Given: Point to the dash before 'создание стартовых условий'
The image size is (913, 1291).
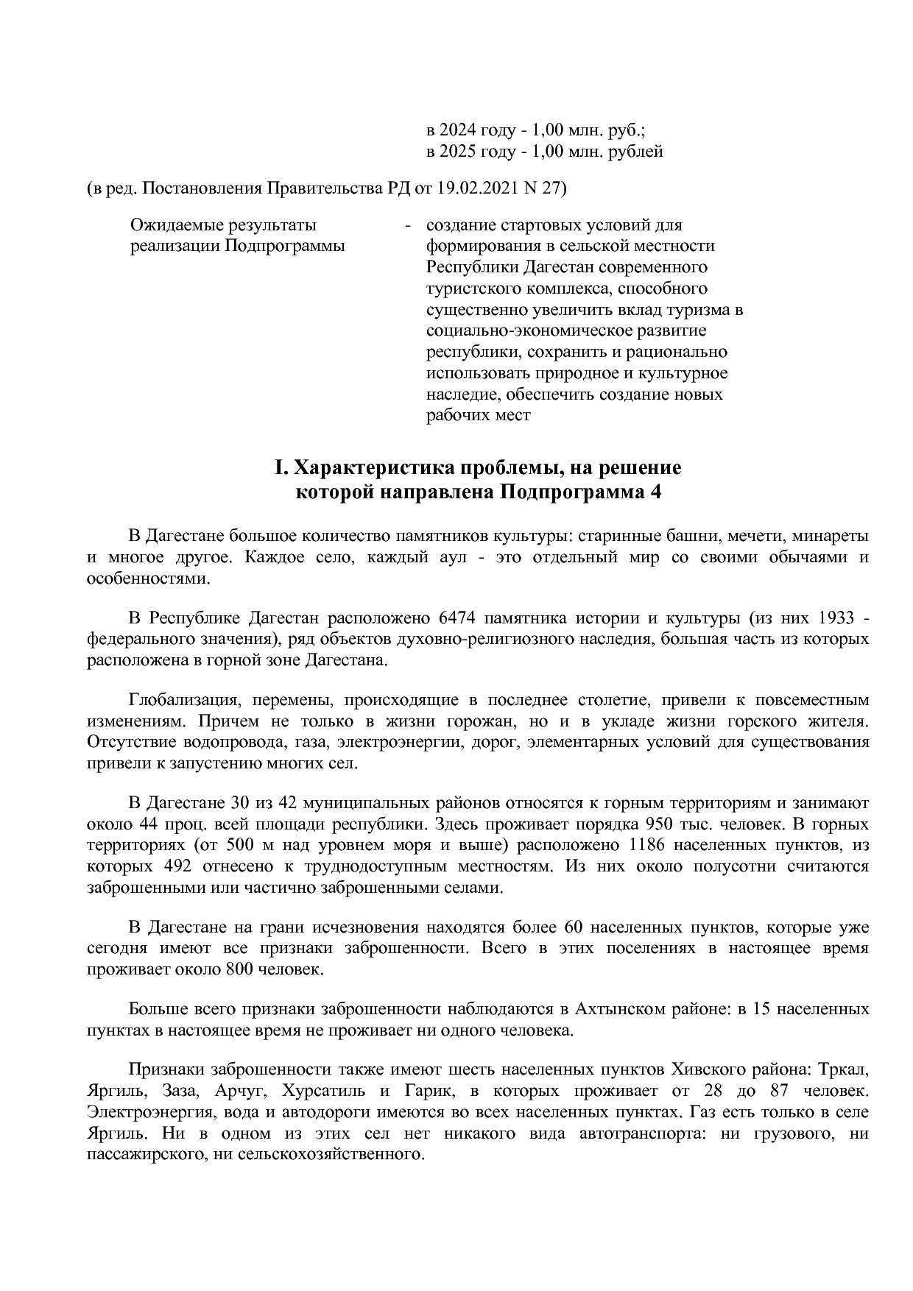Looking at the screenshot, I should pyautogui.click(x=407, y=224).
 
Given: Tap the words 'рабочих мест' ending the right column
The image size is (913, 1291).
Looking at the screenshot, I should pyautogui.click(x=479, y=415).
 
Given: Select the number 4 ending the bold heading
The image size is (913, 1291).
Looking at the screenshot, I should pyautogui.click(x=655, y=492).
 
